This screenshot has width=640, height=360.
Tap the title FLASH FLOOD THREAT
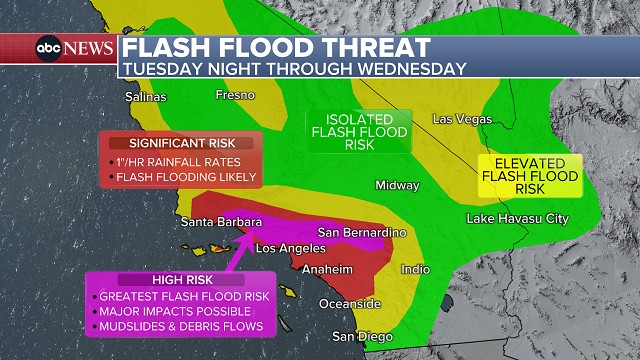[x=277, y=48]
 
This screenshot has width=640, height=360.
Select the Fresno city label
[x=235, y=95]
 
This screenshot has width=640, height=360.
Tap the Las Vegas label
[x=462, y=119]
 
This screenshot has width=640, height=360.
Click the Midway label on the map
[x=397, y=185]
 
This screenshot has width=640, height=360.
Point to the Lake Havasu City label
[x=517, y=218]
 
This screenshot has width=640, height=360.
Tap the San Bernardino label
[x=362, y=232]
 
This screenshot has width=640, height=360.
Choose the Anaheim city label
[x=329, y=269]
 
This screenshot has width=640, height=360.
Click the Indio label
[x=415, y=269]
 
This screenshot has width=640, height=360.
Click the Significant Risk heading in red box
[x=180, y=143]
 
